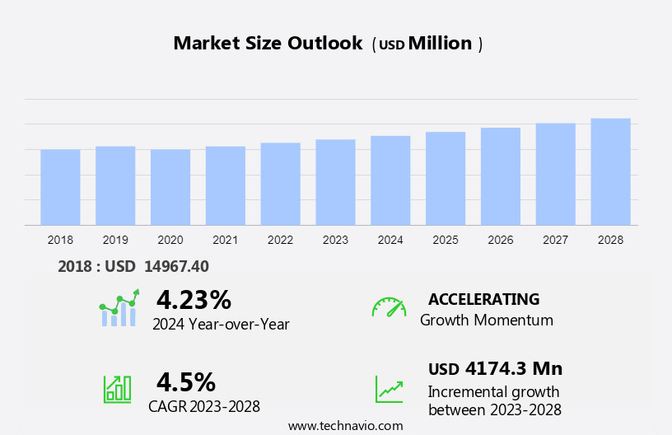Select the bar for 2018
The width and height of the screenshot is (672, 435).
pyautogui.click(x=60, y=187)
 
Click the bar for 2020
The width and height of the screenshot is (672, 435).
pyautogui.click(x=170, y=187)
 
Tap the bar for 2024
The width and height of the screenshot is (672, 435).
pyautogui.click(x=390, y=180)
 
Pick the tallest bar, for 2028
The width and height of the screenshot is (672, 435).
pyautogui.click(x=610, y=171)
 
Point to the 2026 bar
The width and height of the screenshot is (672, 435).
pyautogui.click(x=501, y=176)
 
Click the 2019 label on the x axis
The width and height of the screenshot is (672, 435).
pyautogui.click(x=115, y=240)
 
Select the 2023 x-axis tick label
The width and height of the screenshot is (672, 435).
pyautogui.click(x=335, y=240)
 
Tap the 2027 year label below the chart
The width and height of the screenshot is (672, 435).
pyautogui.click(x=556, y=240)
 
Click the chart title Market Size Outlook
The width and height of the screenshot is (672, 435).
pyautogui.click(x=268, y=44)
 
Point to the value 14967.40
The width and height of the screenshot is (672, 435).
pyautogui.click(x=176, y=266)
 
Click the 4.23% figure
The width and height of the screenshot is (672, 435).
pyautogui.click(x=194, y=299)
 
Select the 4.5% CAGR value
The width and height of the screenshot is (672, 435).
pyautogui.click(x=186, y=381)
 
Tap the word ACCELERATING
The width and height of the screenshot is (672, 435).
pyautogui.click(x=483, y=299)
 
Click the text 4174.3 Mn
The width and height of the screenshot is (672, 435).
pyautogui.click(x=514, y=368)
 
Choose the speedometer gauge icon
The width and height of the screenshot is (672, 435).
pyautogui.click(x=389, y=307)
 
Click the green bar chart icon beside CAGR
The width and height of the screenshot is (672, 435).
pyautogui.click(x=117, y=389)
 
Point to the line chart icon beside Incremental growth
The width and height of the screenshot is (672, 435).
pyautogui.click(x=389, y=389)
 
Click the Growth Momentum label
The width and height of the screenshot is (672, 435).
pyautogui.click(x=487, y=320)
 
